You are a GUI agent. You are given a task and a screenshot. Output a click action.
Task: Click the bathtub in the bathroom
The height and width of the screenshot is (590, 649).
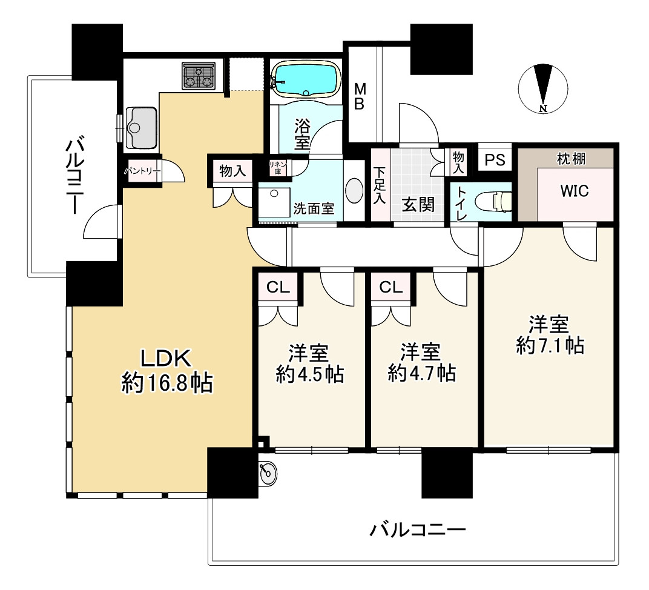pyautogui.click(x=306, y=80)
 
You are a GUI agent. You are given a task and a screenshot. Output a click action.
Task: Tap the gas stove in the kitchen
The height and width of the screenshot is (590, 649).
pyautogui.click(x=199, y=76)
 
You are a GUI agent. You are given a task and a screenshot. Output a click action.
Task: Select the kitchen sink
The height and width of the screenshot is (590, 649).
pyautogui.click(x=141, y=127)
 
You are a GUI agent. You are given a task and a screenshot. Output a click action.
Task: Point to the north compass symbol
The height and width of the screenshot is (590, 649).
pyautogui.click(x=543, y=88)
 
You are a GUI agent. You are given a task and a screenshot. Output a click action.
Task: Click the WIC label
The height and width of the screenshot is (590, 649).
pyautogui.click(x=574, y=191)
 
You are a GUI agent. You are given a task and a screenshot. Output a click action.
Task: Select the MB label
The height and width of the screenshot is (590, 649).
pyautogui.click(x=360, y=96)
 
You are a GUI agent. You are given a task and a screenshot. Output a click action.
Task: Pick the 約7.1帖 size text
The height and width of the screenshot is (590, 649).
pyautogui.click(x=550, y=345)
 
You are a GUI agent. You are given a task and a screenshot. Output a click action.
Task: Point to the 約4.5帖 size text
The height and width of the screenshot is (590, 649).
pyautogui.click(x=309, y=374)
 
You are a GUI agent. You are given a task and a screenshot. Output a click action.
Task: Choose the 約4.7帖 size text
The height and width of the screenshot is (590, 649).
pyautogui.click(x=422, y=373)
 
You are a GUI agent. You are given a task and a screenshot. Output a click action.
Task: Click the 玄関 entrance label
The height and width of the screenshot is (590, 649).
pyautogui.click(x=418, y=205)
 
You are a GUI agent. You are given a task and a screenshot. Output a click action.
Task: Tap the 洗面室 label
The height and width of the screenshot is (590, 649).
pyautogui.click(x=314, y=208)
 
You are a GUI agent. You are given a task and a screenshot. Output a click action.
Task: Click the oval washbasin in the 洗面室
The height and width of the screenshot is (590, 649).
pyautogui.click(x=354, y=190)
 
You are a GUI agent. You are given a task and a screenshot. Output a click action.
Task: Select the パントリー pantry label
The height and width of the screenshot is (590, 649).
pyautogui.click(x=142, y=171)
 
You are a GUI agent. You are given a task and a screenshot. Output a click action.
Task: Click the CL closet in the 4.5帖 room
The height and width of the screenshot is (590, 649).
pyautogui.click(x=278, y=287)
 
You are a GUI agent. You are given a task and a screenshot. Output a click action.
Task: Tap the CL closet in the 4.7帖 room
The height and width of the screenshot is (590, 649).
pyautogui.click(x=390, y=287)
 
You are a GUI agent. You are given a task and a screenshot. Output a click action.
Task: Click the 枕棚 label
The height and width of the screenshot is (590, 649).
pyautogui.click(x=571, y=158)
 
